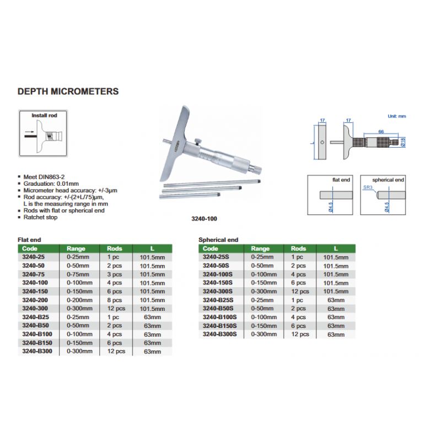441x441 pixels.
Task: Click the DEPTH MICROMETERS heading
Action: [68, 92]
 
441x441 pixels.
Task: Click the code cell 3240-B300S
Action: [219, 334]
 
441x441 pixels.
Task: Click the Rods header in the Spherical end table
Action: [298, 249]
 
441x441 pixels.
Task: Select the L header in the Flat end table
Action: [152, 249]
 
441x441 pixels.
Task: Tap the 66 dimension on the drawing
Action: [381, 131]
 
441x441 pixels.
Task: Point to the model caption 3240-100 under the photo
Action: [205, 219]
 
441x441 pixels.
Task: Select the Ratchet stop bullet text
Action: [40, 217]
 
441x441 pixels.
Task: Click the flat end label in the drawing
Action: [341, 180]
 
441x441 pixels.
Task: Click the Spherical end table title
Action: [218, 240]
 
